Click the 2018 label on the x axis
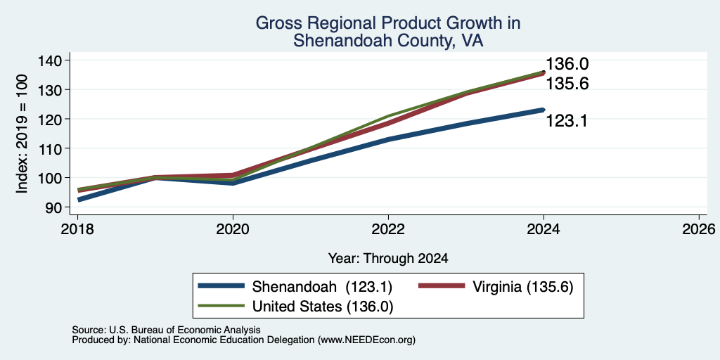pos(77,229)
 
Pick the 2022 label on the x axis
pos(388,229)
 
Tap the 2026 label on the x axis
pos(699,229)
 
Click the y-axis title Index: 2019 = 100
pos(22,134)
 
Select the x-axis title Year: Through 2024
pos(388,259)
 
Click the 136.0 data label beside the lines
pos(567,64)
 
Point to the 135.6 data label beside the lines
pos(567,84)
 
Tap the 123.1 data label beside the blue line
pos(567,121)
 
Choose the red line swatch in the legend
pos(441,286)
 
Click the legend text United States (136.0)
pos(323,306)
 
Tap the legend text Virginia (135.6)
pos(522,287)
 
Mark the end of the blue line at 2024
pos(544,110)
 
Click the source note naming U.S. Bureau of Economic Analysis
pos(166,330)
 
